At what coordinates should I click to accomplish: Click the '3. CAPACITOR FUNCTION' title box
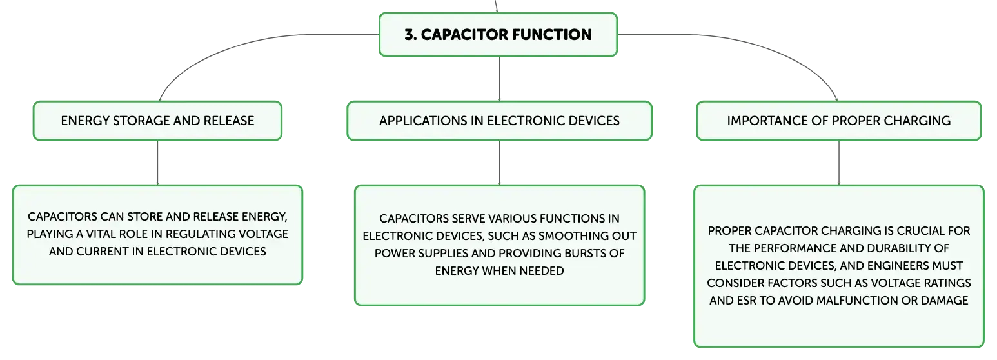[498, 35]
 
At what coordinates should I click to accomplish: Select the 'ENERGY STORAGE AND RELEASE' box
[157, 121]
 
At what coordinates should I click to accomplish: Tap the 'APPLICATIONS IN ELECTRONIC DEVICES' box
[499, 121]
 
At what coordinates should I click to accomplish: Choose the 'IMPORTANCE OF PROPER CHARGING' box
[839, 121]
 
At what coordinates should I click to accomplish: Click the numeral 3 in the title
[409, 35]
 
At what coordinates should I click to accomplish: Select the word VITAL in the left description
[100, 234]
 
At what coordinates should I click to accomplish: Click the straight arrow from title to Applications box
[499, 79]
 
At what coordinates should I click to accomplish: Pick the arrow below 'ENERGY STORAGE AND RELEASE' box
[157, 163]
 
